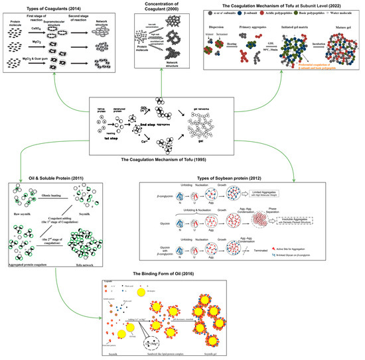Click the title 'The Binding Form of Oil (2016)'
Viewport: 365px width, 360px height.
181,274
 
